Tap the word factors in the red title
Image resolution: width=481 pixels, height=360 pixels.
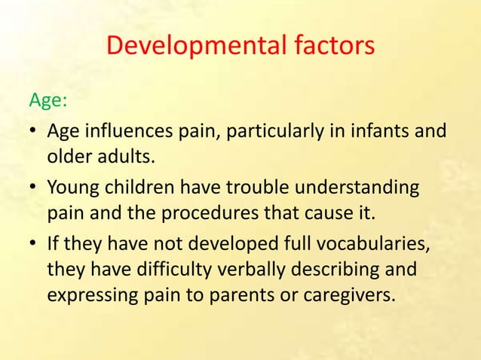click(x=329, y=46)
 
